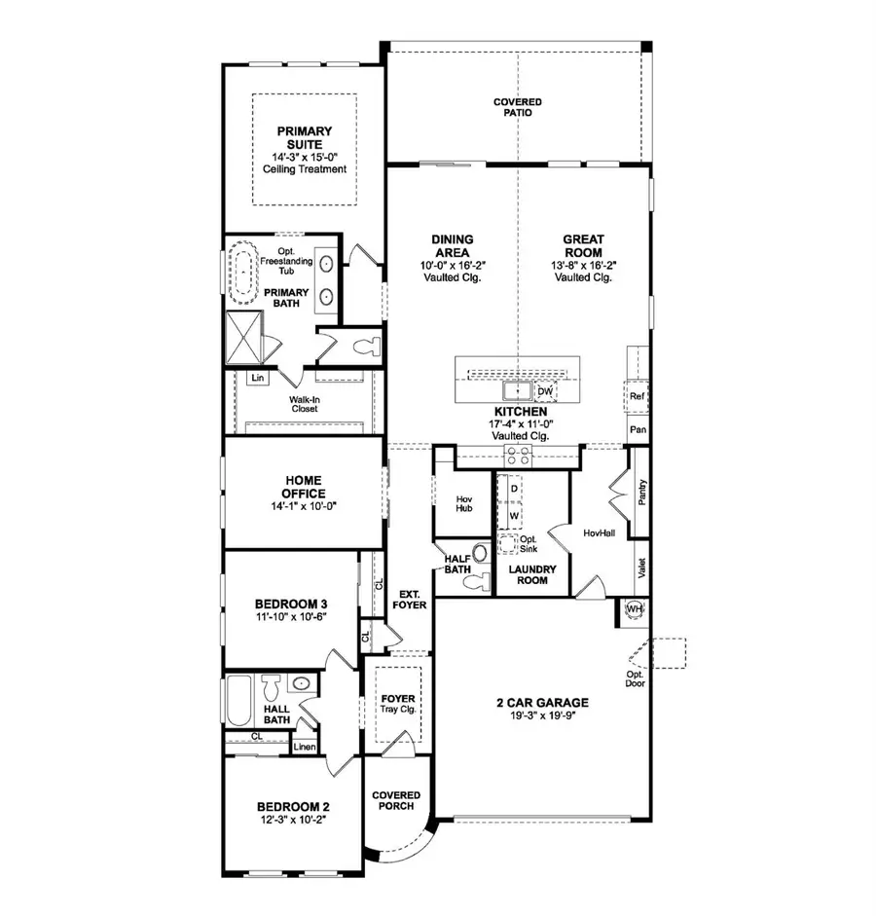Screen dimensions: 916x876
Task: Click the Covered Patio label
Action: point(517,107)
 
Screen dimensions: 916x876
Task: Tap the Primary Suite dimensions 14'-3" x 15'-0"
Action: point(304,157)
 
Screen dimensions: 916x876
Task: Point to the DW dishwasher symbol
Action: point(544,390)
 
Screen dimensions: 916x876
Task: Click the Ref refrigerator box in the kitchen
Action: point(638,396)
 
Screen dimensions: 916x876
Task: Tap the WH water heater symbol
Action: point(635,609)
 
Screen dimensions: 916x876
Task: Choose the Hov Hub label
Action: point(464,504)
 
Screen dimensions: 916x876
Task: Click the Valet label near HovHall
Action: point(641,568)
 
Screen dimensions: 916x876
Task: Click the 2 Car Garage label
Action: point(541,703)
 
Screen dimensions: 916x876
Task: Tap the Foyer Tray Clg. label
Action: point(397,703)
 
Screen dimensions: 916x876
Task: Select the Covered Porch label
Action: point(396,800)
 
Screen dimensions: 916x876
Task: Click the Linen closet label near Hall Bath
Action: point(304,747)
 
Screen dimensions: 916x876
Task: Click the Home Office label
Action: point(304,487)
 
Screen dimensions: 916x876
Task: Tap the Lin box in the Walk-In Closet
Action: point(257,378)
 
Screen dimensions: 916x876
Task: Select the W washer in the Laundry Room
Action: point(515,515)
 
